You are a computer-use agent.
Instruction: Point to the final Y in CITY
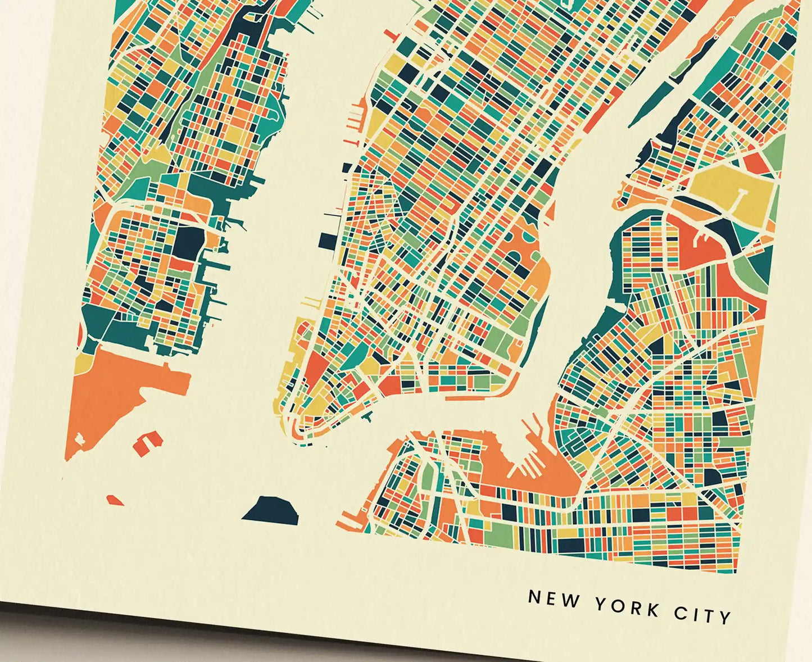725,617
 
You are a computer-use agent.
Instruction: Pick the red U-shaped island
148,441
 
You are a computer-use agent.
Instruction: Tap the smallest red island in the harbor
115,500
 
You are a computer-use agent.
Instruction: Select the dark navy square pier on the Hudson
326,241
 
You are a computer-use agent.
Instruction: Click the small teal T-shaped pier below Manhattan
368,418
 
